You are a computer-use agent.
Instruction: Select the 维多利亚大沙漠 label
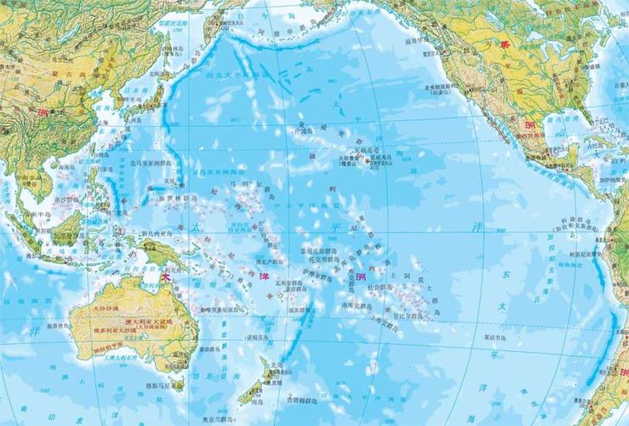[x=114, y=329]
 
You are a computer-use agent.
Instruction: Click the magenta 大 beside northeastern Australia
[x=167, y=276]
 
